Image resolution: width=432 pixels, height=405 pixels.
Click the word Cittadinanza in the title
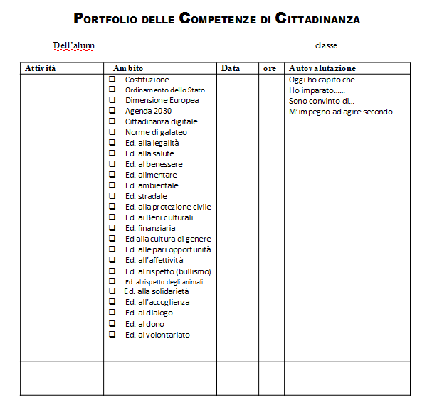coord(314,19)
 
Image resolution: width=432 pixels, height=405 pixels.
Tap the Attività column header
coord(41,68)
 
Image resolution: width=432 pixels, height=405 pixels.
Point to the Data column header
coord(231,68)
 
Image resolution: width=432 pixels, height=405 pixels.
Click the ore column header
coord(270,68)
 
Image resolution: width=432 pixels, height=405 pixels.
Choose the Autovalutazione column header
coord(322,68)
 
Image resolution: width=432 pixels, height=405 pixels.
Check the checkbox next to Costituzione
coord(112,79)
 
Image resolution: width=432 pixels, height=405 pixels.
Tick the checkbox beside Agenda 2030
coord(112,111)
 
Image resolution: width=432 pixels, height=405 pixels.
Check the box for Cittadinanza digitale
coord(112,121)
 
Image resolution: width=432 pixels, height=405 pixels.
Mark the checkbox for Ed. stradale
coord(112,196)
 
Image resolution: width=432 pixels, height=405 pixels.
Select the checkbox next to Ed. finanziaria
coord(112,228)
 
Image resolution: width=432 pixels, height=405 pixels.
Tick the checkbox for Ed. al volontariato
coord(112,335)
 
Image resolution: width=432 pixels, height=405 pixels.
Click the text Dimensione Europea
coord(162,100)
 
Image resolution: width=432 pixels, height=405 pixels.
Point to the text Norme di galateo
coord(156,132)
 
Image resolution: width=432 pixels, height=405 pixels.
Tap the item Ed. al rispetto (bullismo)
coord(168,271)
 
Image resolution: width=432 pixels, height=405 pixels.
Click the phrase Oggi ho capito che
coord(326,80)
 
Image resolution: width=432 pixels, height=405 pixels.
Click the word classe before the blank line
coord(326,46)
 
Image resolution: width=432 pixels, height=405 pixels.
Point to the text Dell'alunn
coord(74,46)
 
